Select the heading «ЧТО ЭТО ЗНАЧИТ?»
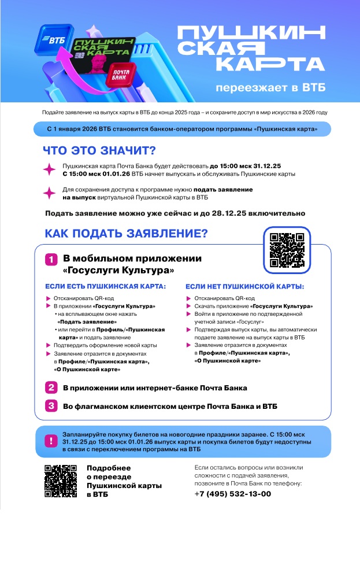pyautogui.click(x=99, y=152)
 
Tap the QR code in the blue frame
pyautogui.click(x=287, y=249)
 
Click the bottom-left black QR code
pyautogui.click(x=61, y=481)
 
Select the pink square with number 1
pyautogui.click(x=51, y=260)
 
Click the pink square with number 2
pyautogui.click(x=51, y=387)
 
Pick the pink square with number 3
pyautogui.click(x=51, y=406)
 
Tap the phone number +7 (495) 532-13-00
pyautogui.click(x=232, y=494)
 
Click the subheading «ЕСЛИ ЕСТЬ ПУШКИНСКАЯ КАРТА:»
pyautogui.click(x=106, y=286)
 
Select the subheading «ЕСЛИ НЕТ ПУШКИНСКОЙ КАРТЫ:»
pyautogui.click(x=245, y=286)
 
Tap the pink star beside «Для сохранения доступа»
pyautogui.click(x=50, y=193)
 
